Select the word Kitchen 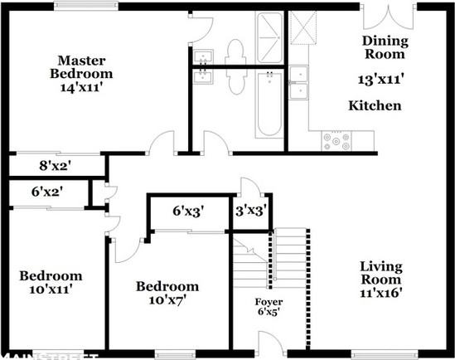point(375,105)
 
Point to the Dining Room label point(384,48)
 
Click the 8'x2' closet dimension point(56,165)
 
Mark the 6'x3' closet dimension point(187,211)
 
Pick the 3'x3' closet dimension point(249,211)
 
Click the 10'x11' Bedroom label point(51,283)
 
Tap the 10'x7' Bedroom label point(167,293)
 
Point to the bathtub point(269,106)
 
